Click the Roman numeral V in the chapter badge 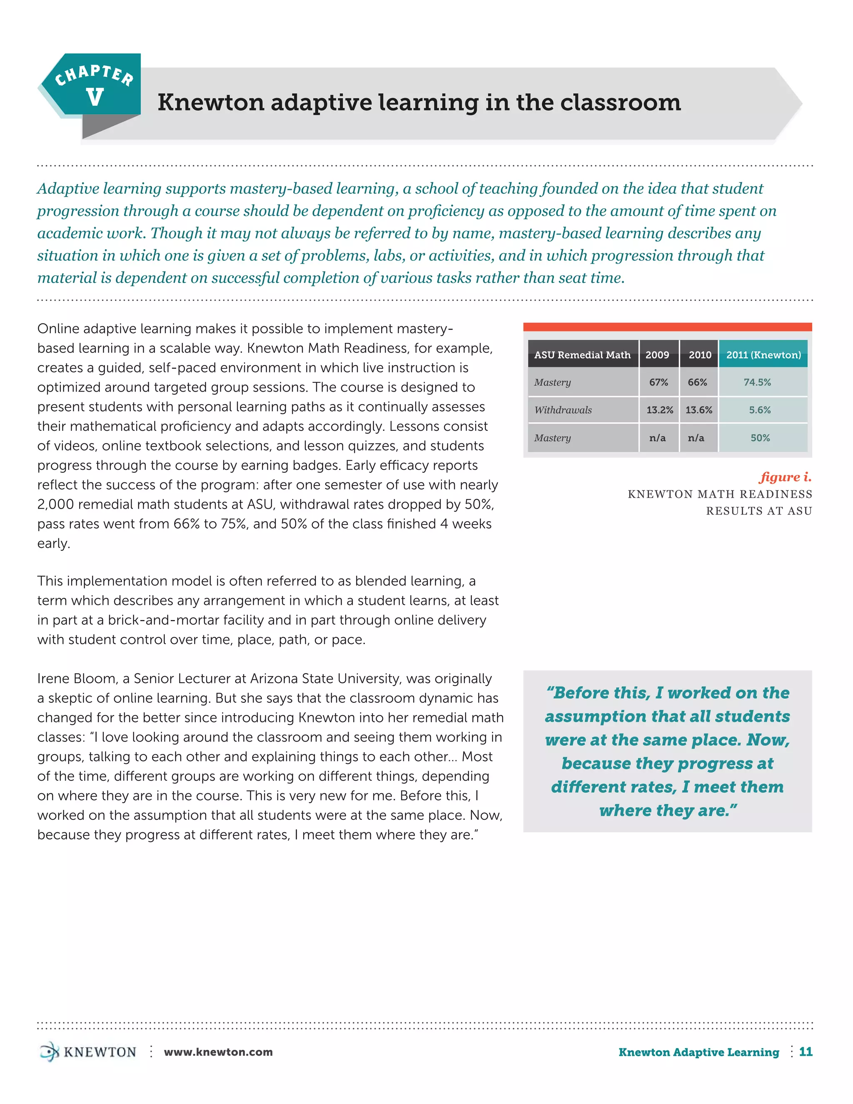point(95,97)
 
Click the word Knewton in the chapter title point(211,102)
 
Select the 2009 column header point(657,355)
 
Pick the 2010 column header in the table point(699,355)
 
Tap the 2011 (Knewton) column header point(763,355)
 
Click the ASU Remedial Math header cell point(582,355)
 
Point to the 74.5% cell point(757,382)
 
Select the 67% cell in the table point(658,382)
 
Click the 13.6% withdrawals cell point(698,410)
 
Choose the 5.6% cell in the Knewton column point(760,410)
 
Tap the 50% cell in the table point(760,438)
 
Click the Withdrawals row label point(563,410)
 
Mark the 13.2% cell point(659,410)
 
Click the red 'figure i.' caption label point(785,477)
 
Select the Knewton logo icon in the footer point(49,1052)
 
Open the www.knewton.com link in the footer point(218,1052)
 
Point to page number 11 point(806,1052)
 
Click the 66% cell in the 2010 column point(697,382)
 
